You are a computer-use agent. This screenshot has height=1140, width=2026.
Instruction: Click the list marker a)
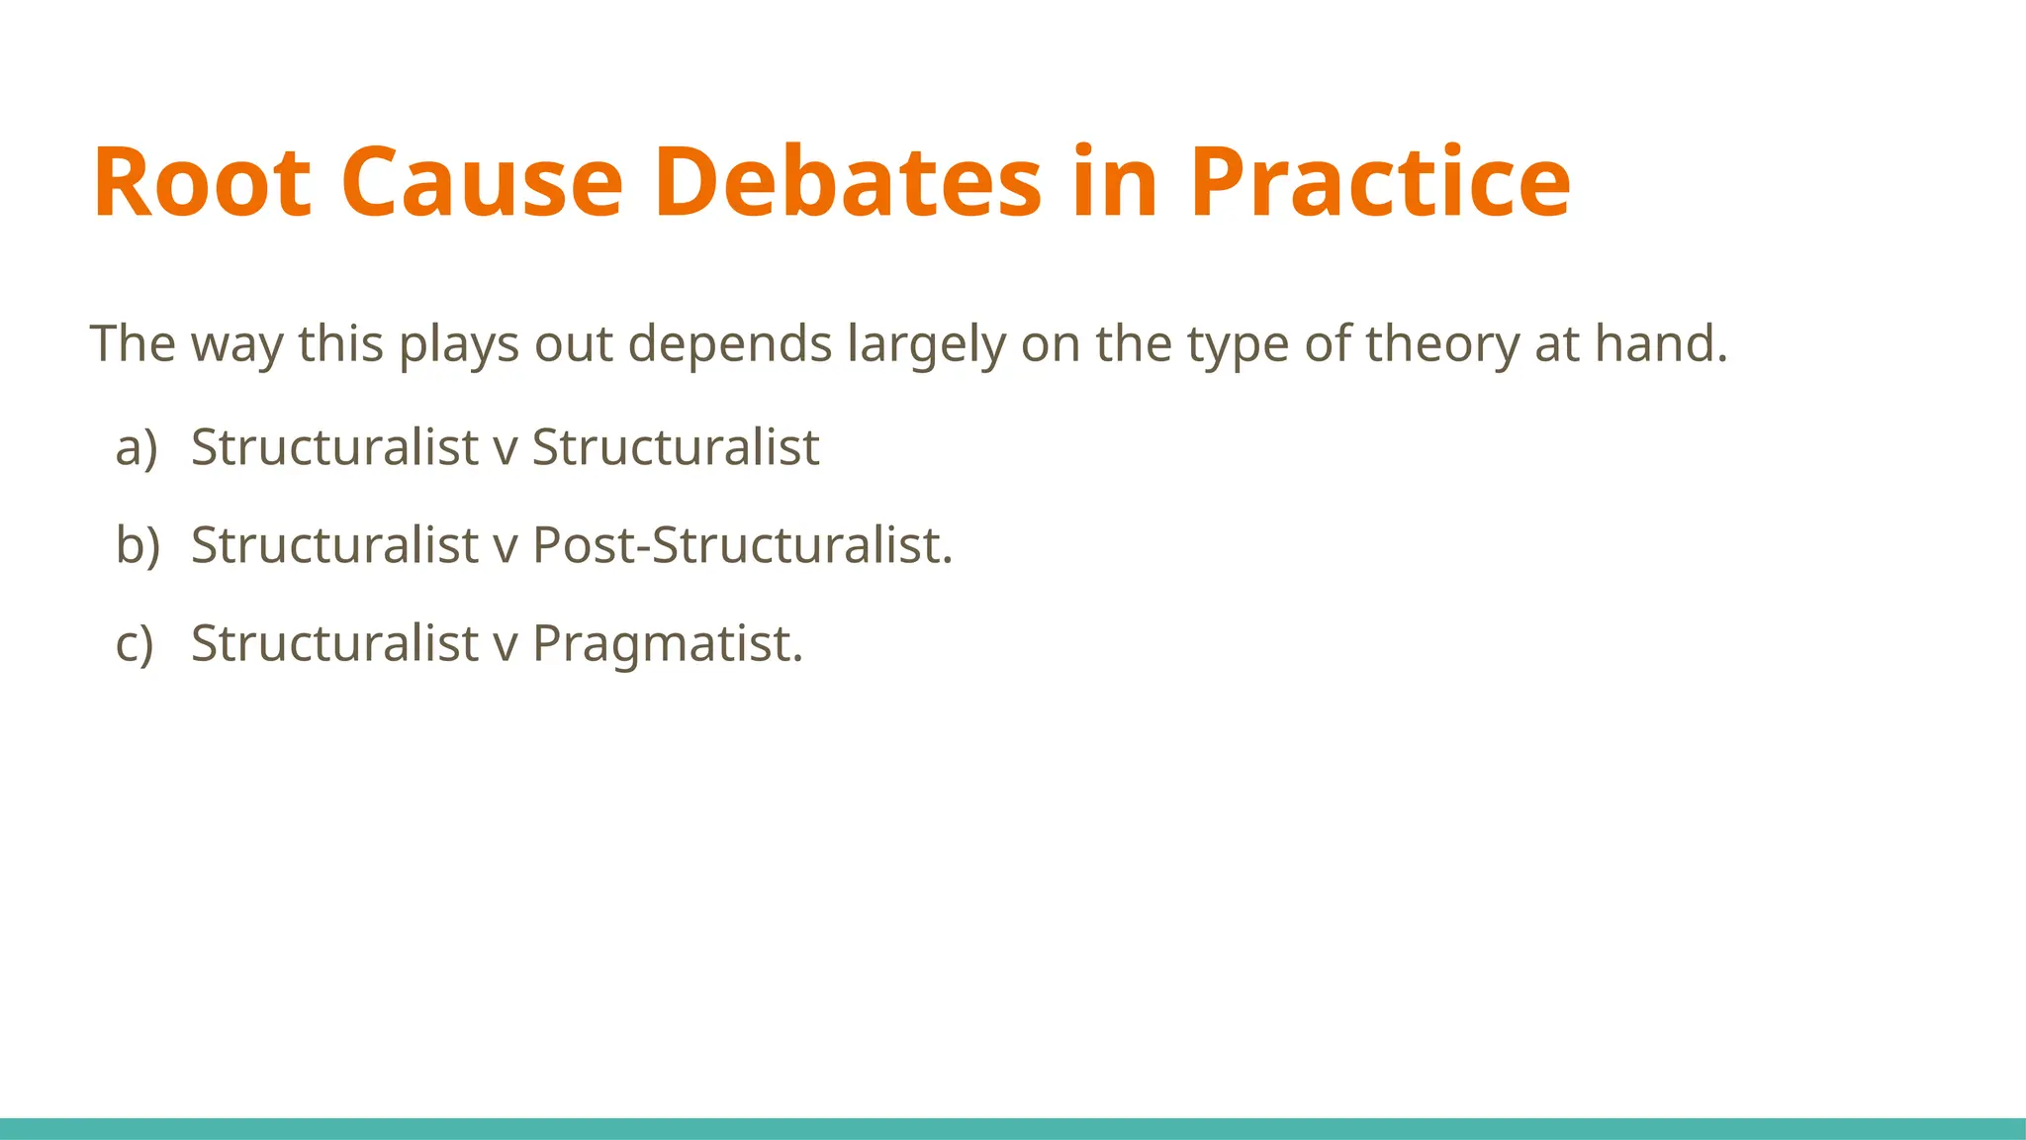pyautogui.click(x=137, y=447)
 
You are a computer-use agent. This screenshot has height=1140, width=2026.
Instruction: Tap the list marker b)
pyautogui.click(x=138, y=545)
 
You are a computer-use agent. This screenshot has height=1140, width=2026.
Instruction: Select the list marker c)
pyautogui.click(x=136, y=643)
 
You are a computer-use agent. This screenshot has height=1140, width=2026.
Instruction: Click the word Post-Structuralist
pyautogui.click(x=742, y=545)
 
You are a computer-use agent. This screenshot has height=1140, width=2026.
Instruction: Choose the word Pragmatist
pyautogui.click(x=667, y=643)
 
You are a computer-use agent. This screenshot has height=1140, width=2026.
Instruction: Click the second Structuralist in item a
pyautogui.click(x=676, y=447)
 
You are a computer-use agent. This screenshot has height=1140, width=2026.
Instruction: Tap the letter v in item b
pyautogui.click(x=506, y=547)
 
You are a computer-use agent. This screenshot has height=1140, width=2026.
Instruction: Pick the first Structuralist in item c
pyautogui.click(x=334, y=643)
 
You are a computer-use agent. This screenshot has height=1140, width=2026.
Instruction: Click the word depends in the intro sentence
pyautogui.click(x=730, y=344)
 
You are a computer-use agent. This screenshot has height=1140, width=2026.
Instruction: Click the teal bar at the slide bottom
pyautogui.click(x=1013, y=1128)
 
